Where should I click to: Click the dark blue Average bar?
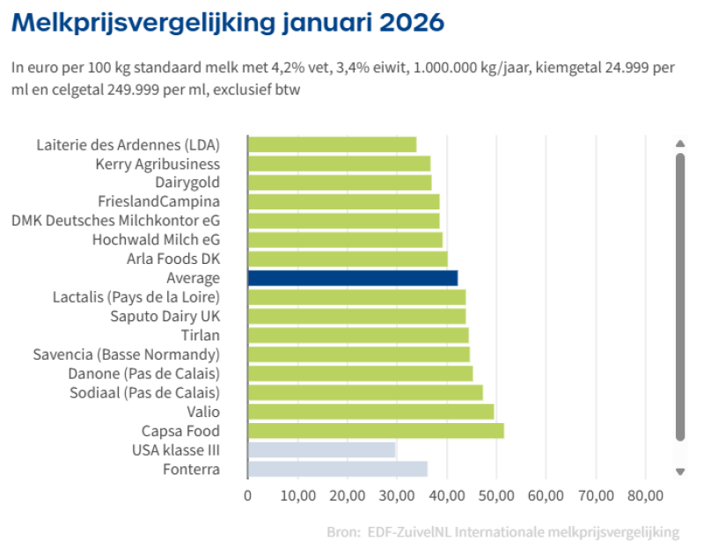coord(353,278)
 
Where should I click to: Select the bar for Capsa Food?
coord(376,431)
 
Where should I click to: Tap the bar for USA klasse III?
coord(322,450)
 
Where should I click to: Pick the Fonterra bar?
coord(338,470)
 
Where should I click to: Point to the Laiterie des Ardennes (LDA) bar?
coord(332,144)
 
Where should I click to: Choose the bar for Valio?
coord(370,412)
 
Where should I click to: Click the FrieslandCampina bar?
coord(343,201)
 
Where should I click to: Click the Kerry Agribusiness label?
coord(158,164)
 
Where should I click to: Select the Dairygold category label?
coord(187,183)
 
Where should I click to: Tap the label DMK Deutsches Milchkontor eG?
coord(115,221)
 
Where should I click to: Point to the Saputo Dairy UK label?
coord(165,316)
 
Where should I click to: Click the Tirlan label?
coord(201,335)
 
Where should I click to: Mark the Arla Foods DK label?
coord(173,259)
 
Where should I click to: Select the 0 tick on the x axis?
coord(248,496)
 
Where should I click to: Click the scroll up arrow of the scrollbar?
coord(679,143)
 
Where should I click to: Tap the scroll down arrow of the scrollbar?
coord(679,471)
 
